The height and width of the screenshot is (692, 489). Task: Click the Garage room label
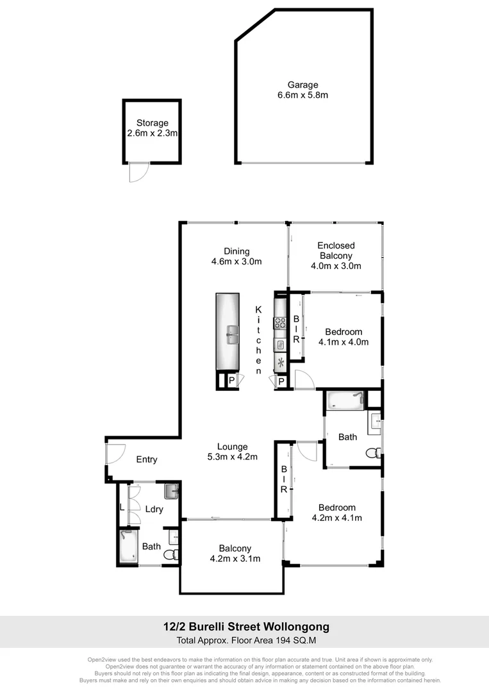click(x=303, y=85)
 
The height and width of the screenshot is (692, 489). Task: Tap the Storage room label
click(x=152, y=123)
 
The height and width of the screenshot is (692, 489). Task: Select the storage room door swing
click(x=138, y=172)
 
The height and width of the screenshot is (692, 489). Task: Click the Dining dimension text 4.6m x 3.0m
click(x=236, y=261)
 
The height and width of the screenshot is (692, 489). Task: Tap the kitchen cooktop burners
click(x=280, y=324)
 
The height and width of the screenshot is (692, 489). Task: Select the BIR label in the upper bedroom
click(x=296, y=329)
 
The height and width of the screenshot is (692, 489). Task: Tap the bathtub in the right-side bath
click(x=345, y=401)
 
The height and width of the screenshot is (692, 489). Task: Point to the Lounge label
click(x=232, y=447)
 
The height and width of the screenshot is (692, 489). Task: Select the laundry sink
click(x=171, y=491)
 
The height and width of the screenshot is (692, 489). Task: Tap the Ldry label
click(x=154, y=509)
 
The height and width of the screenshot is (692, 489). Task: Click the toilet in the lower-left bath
click(x=170, y=555)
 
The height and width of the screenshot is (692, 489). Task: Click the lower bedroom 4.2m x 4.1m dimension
click(x=336, y=518)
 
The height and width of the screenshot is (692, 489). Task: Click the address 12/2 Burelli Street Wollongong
click(x=246, y=628)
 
